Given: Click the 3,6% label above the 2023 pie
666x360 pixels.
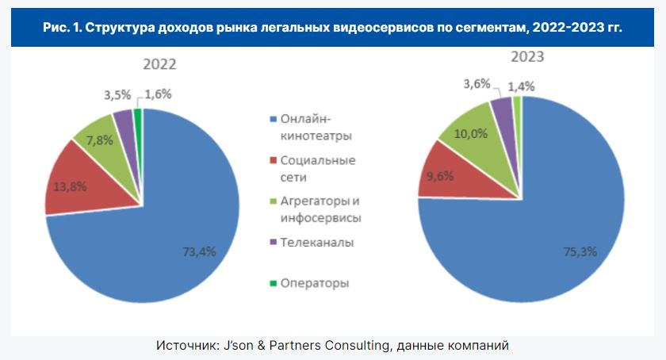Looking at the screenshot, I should [477, 83].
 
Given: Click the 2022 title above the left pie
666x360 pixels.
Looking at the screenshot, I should [159, 64].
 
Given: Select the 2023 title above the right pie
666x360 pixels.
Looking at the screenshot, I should [526, 58].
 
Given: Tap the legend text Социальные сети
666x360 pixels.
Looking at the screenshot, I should [317, 169].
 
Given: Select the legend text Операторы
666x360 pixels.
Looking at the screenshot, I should [315, 283].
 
